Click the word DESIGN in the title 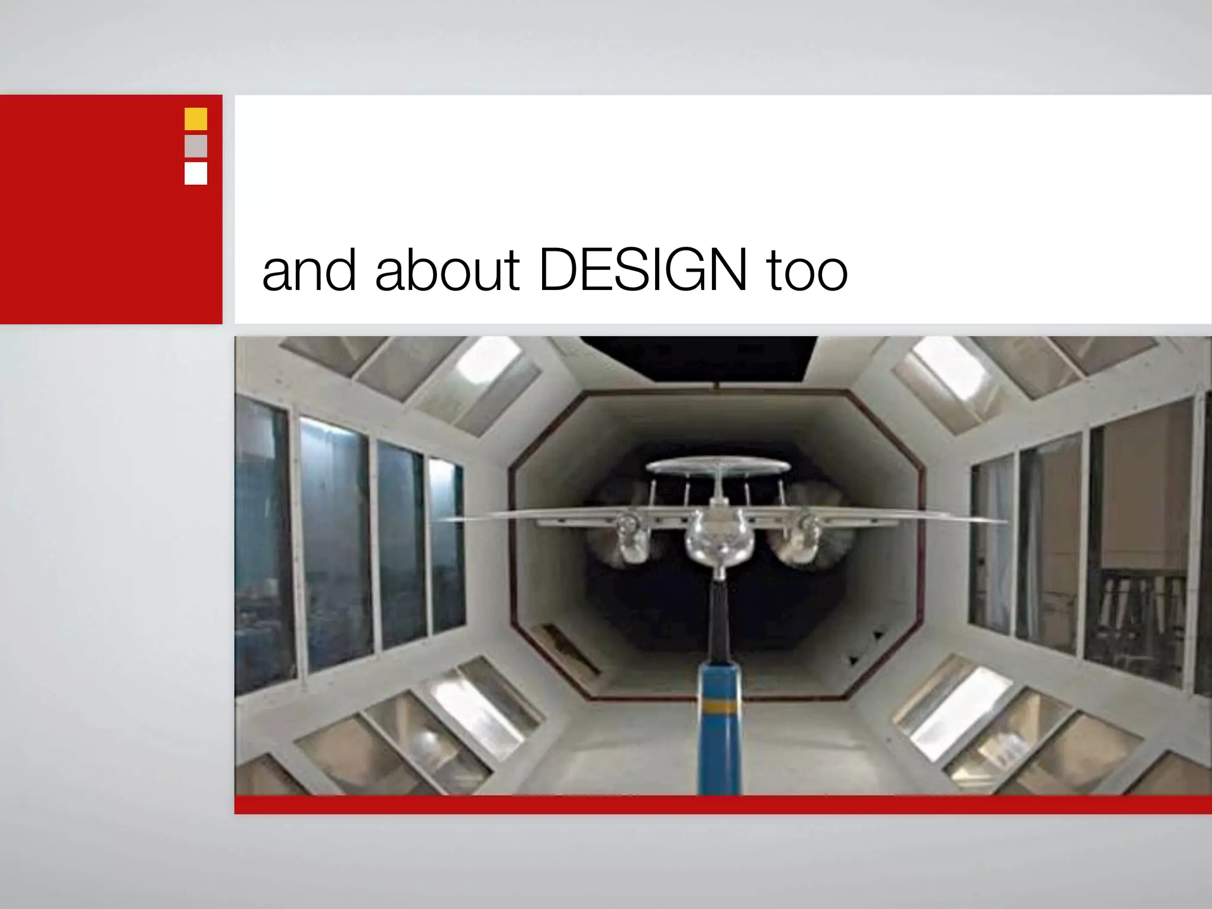(643, 271)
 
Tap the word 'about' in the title (447, 271)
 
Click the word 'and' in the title (309, 271)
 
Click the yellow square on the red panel (196, 119)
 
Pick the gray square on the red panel (196, 146)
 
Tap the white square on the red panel (196, 173)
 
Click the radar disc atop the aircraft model (717, 467)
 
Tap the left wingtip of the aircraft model (441, 519)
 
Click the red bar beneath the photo (722, 805)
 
